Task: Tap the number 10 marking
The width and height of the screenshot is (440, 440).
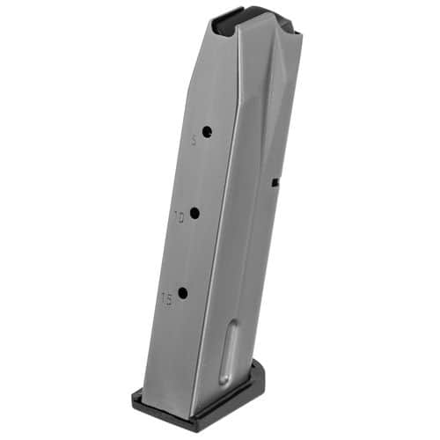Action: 179,215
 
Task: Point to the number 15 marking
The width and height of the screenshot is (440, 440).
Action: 166,299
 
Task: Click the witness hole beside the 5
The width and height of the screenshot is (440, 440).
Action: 207,132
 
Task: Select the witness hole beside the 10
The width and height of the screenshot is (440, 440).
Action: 194,211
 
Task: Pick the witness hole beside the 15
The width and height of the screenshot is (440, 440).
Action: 182,293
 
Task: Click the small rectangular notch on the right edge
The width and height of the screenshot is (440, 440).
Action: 275,183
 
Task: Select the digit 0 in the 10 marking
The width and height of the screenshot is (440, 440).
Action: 182,215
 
